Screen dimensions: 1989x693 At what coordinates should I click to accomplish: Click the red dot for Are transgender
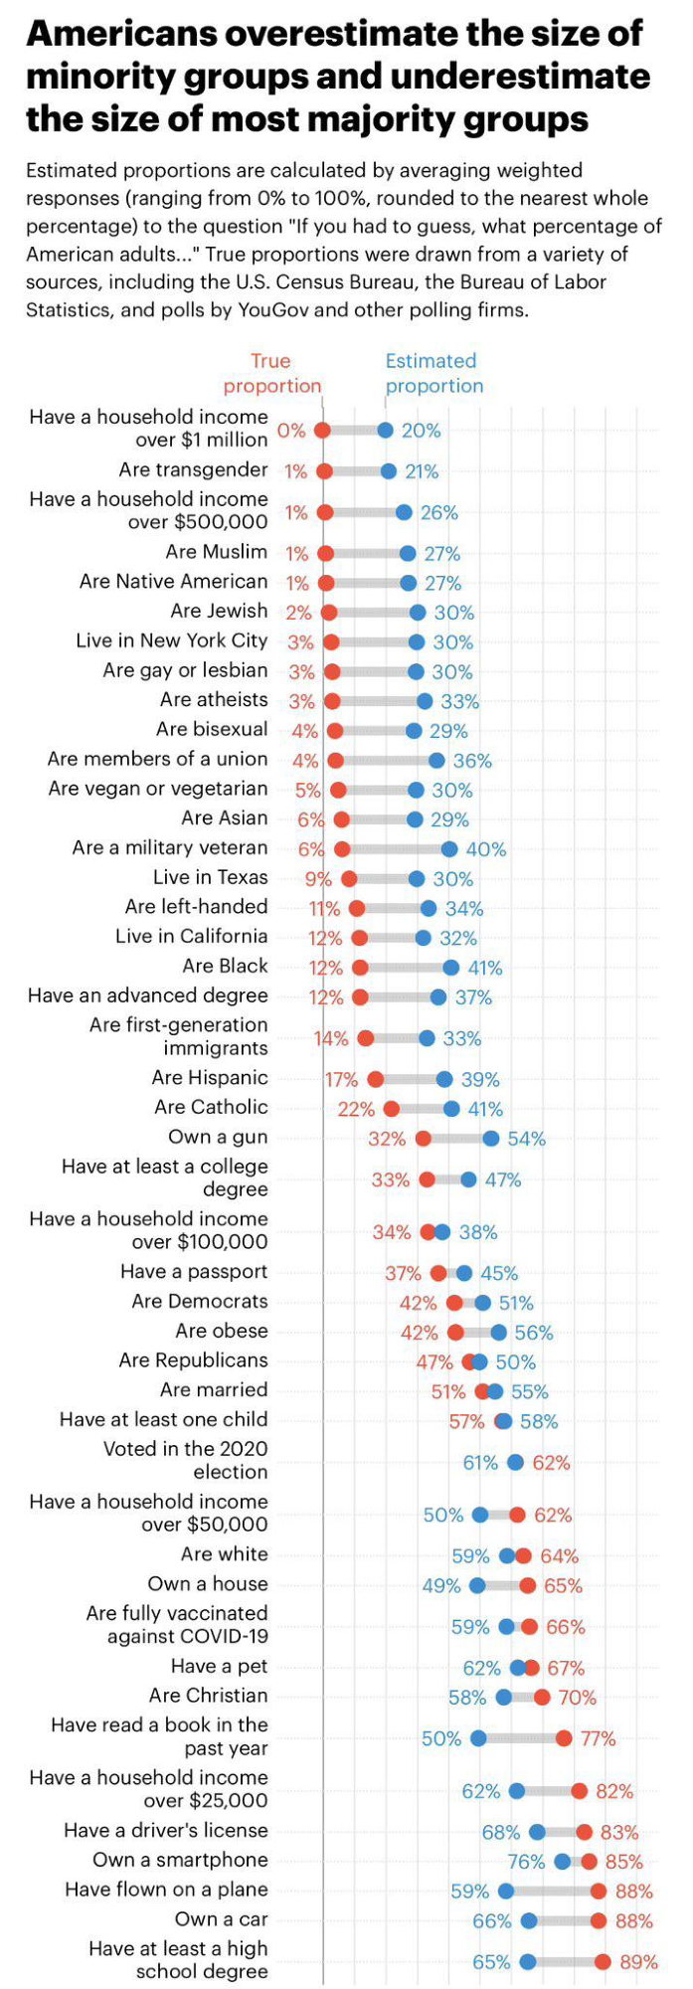[324, 471]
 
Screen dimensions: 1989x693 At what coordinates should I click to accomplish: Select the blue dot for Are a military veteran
[449, 849]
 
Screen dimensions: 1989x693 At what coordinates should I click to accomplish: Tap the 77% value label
[599, 1738]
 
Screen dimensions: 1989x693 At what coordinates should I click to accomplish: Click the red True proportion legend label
[271, 373]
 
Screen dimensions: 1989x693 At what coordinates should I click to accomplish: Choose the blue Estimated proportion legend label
[433, 373]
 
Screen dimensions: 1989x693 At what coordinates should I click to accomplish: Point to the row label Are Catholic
[211, 1107]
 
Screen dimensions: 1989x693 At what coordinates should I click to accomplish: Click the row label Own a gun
[218, 1137]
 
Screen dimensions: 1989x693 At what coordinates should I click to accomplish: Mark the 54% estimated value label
[527, 1139]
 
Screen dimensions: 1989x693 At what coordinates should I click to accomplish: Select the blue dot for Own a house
[477, 1585]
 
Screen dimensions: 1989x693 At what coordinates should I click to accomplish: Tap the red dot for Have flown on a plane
[599, 1891]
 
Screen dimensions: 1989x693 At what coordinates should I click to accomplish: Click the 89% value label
[638, 1962]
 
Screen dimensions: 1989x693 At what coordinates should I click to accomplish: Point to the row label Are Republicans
[193, 1359]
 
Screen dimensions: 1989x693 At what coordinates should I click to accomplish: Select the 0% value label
[291, 431]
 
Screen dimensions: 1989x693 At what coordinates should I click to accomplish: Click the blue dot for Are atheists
[425, 701]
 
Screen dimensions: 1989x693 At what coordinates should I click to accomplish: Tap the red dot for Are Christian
[542, 1697]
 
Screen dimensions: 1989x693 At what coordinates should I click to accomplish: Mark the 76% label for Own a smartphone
[526, 1862]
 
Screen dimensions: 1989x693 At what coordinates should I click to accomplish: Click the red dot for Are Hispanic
[375, 1079]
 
